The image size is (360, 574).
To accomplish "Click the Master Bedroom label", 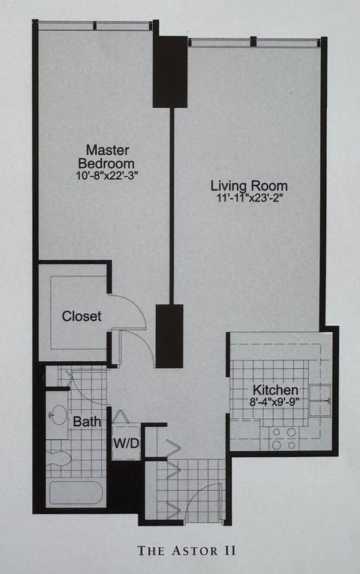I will (109, 157).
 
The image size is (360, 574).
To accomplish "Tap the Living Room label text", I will (247, 185).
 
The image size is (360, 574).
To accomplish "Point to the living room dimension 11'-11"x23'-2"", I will (247, 199).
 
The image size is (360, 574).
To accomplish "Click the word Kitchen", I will (275, 390).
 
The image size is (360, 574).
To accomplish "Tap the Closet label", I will (81, 316).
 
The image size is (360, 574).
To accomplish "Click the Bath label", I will (87, 422).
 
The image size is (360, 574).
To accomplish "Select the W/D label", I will (126, 444).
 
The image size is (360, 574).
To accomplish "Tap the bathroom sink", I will (58, 412).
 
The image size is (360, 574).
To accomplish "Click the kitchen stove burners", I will (283, 438).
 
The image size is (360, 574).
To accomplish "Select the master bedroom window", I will (95, 26).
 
